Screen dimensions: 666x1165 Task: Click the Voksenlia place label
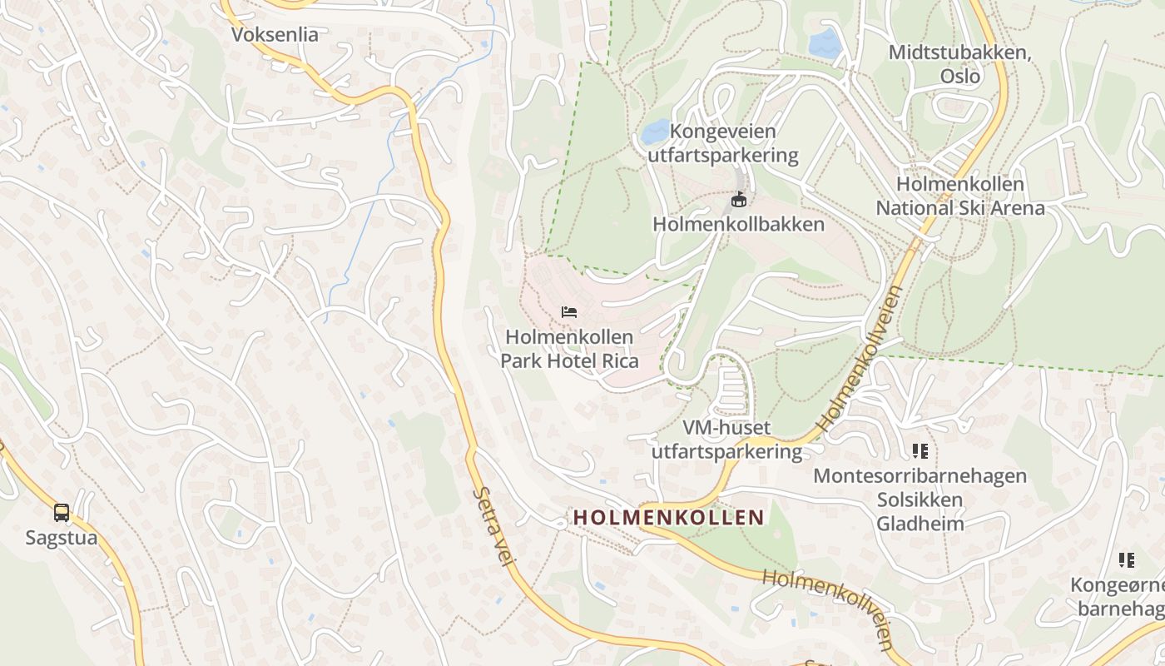point(275,35)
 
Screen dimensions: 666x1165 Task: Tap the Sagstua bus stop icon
point(62,513)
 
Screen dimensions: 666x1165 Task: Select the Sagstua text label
point(62,538)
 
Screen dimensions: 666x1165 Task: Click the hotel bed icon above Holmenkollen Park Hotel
point(569,312)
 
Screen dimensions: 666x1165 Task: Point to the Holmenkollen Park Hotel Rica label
point(570,349)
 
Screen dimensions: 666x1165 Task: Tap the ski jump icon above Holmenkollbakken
point(738,199)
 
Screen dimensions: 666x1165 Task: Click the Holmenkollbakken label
point(738,224)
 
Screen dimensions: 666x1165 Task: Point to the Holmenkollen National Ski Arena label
point(960,196)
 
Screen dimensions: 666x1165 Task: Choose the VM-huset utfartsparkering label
point(726,440)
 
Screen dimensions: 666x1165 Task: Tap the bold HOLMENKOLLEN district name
point(668,517)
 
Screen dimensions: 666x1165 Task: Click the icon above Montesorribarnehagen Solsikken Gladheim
point(920,451)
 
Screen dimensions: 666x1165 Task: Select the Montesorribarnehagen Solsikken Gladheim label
point(920,499)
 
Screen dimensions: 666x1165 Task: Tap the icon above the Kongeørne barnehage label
point(1127,560)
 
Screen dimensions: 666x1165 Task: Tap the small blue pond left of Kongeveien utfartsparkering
point(656,131)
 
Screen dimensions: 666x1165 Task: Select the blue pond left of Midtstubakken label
point(825,42)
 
